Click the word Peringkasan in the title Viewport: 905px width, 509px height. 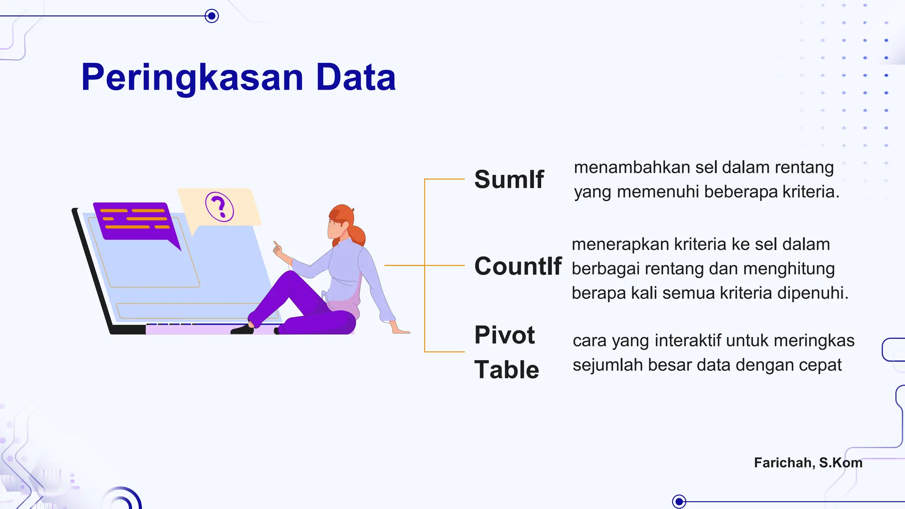192,78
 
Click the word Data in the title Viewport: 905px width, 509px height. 356,78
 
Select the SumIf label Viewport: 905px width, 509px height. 509,179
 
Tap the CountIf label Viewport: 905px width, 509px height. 518,266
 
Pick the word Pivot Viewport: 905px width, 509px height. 505,335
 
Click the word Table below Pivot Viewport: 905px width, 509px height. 507,370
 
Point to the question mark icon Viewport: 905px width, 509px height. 219,207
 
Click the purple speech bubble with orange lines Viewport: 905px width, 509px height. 135,221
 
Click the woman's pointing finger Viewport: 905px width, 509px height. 276,244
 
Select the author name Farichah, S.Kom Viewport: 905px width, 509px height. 808,463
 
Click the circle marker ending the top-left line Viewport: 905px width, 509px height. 212,16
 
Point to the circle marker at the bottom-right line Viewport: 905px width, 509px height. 679,501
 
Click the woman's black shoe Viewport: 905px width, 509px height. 242,329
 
